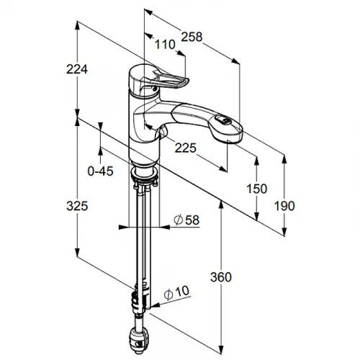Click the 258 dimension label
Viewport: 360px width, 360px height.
[x=192, y=37]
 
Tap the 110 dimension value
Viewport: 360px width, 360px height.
[x=165, y=45]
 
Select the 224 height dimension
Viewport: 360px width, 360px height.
[x=77, y=69]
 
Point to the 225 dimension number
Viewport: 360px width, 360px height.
[x=185, y=148]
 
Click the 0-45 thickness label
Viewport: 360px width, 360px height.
[x=100, y=171]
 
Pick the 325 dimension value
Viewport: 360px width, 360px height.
[x=77, y=206]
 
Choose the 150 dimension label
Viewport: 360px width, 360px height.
[x=257, y=189]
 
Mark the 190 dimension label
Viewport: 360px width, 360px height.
[x=284, y=206]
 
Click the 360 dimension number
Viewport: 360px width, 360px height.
[x=221, y=277]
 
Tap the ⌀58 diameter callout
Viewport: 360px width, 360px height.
[x=186, y=220]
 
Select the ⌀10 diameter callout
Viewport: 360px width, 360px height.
[x=176, y=292]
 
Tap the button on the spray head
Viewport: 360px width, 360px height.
[x=223, y=120]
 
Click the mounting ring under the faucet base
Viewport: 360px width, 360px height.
[x=144, y=172]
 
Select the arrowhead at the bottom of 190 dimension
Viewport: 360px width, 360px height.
[x=284, y=231]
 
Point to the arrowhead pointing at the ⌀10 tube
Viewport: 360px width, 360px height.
[x=156, y=305]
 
